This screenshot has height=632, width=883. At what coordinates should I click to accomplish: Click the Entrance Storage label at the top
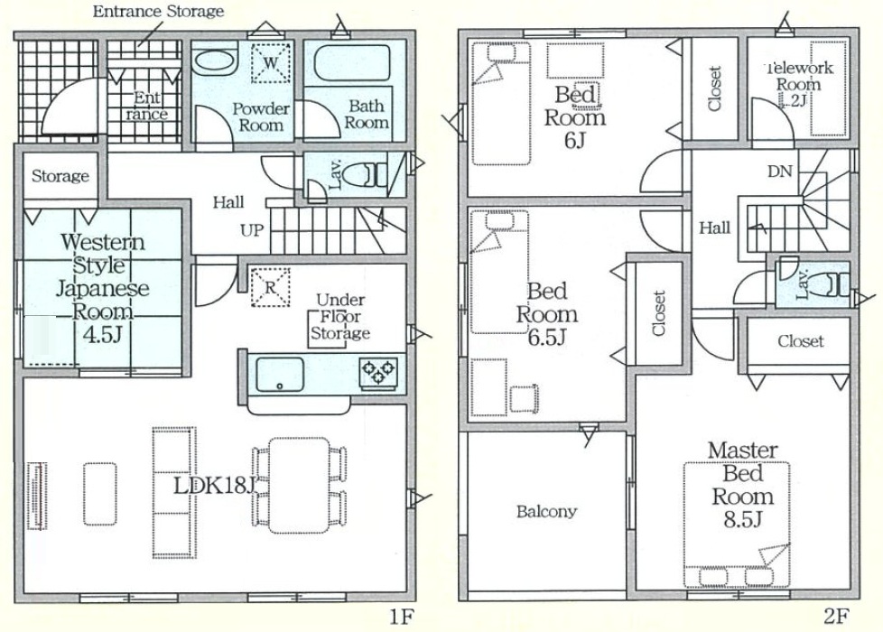pos(158,11)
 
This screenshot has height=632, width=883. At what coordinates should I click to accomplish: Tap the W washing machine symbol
pos(271,62)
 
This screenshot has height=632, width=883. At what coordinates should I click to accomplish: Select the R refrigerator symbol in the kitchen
pos(270,288)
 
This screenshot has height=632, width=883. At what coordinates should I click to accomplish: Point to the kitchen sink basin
pos(280,374)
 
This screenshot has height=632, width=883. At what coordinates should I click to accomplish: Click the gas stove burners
pos(378,372)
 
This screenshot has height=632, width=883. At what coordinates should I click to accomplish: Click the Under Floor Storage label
pos(340,317)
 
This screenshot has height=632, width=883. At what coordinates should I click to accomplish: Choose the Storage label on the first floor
pos(60,176)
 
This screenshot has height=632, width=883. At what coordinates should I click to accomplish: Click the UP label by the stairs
pos(252,230)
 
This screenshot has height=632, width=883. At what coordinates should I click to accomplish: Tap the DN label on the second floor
pos(780,172)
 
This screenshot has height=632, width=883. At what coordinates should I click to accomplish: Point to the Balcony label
pos(547,511)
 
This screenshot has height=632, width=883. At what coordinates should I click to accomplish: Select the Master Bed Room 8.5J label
pos(743,485)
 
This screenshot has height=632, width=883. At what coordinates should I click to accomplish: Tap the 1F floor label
pos(402,618)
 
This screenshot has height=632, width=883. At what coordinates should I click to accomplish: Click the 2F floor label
pos(836,618)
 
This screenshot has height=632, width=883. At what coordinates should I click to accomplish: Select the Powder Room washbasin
pos(215,62)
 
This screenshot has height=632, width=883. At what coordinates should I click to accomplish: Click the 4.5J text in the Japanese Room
pos(103,335)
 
